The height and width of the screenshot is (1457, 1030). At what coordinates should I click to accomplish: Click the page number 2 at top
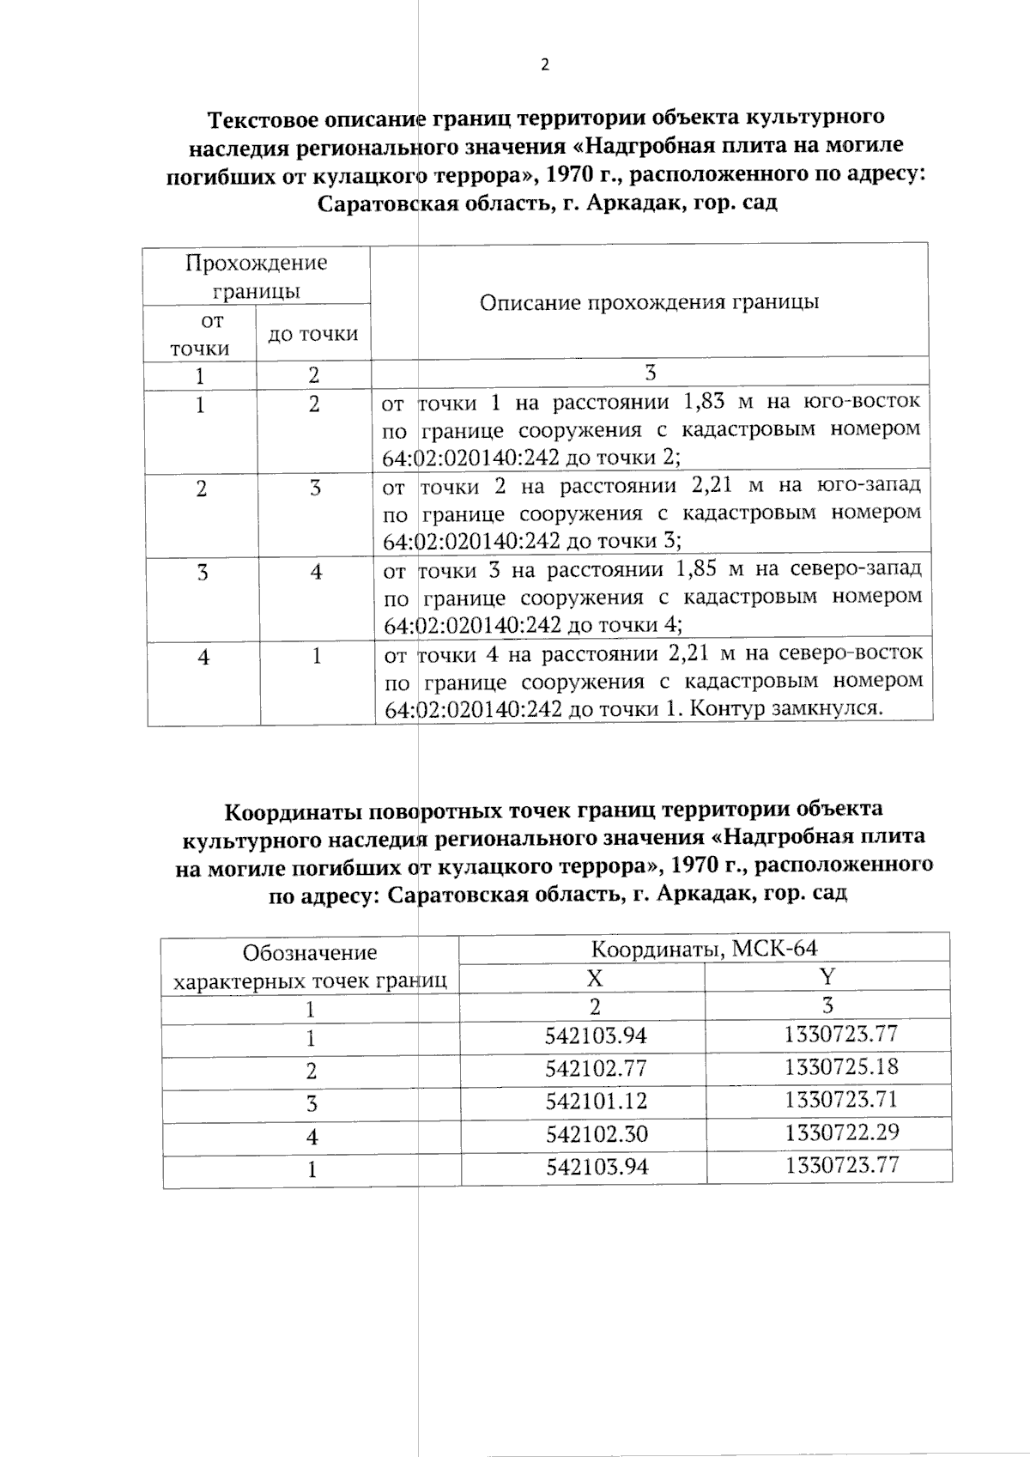coord(545,65)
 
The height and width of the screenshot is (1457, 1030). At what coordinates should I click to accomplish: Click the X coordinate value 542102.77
coord(596,1069)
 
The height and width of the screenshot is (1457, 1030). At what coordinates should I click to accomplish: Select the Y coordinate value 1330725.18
coord(840,1067)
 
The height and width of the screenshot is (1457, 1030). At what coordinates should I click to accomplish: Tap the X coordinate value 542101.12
coord(596,1102)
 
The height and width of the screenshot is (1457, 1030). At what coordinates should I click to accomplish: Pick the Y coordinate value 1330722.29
coord(841,1132)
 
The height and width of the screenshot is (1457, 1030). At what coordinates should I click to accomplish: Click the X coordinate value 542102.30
coord(596,1134)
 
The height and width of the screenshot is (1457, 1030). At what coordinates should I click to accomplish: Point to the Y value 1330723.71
coord(840,1100)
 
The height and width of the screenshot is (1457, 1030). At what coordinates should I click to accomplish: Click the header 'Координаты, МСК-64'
coord(704,949)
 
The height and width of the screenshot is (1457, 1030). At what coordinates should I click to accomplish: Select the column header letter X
coord(594,979)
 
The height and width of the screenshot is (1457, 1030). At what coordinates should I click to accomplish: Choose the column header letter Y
coord(827,977)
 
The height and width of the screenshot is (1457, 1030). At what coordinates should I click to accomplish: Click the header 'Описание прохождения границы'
coord(649,302)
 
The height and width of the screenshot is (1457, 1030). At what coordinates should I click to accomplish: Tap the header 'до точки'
coord(313,334)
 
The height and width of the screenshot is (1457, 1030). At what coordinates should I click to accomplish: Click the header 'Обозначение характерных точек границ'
coord(310,967)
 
